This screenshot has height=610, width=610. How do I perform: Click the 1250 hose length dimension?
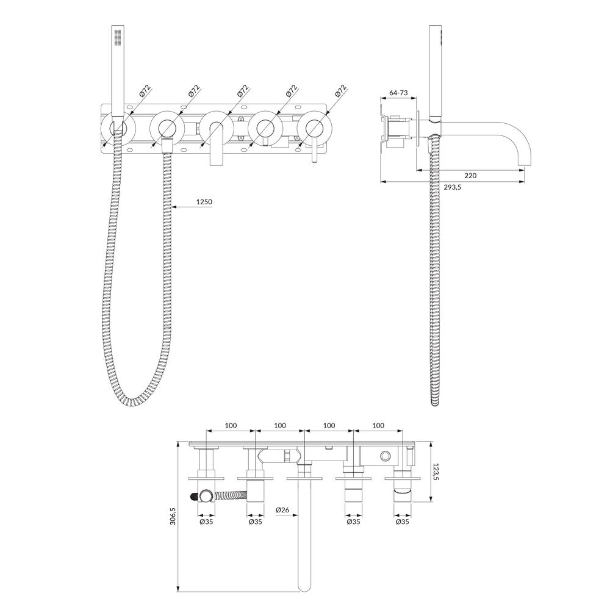coord(204,202)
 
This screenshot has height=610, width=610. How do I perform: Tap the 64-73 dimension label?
coord(398,93)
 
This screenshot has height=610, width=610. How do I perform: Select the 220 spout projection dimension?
coord(470,176)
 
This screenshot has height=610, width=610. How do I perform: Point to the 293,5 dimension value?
coord(453,187)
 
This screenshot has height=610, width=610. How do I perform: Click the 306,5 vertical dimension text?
coord(173,516)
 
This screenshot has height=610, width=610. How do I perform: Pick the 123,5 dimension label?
coord(436,471)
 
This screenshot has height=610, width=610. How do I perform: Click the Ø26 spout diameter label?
coord(282,509)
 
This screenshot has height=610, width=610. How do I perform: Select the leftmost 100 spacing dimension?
coord(231,426)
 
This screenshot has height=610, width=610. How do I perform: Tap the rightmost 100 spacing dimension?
coord(378,426)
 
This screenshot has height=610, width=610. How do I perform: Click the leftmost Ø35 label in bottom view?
coord(206,522)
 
